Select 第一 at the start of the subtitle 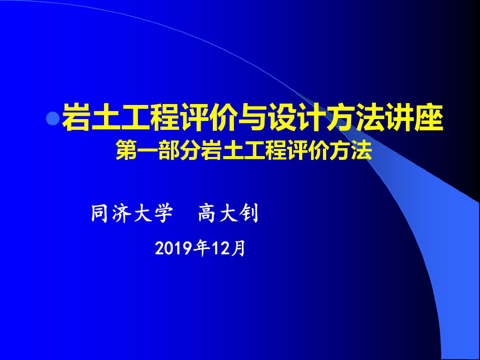coord(137,151)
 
